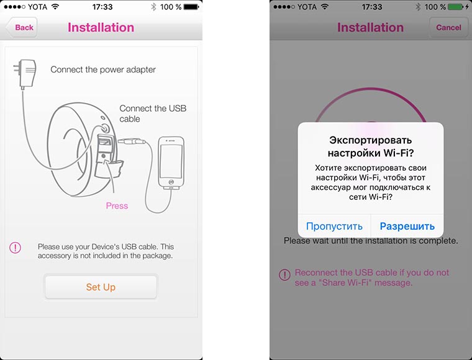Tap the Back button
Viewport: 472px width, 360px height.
pyautogui.click(x=22, y=27)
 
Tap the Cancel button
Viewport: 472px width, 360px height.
pyautogui.click(x=448, y=27)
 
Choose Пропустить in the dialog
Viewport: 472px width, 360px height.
pyautogui.click(x=334, y=226)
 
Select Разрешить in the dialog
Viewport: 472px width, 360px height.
pyautogui.click(x=407, y=226)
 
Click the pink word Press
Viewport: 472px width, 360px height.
pyautogui.click(x=117, y=205)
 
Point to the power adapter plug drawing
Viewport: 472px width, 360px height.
pyautogui.click(x=25, y=73)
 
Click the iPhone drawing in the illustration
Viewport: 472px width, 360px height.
pyautogui.click(x=171, y=163)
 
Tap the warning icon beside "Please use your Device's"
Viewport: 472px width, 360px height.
pyautogui.click(x=15, y=248)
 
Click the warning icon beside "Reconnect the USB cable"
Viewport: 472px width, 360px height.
pyautogui.click(x=284, y=274)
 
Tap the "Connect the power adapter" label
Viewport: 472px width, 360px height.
pyautogui.click(x=103, y=70)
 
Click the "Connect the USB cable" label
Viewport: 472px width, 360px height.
pyautogui.click(x=153, y=114)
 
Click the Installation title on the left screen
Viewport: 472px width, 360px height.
pyautogui.click(x=101, y=27)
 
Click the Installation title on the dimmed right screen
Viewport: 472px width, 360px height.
pyautogui.click(x=370, y=27)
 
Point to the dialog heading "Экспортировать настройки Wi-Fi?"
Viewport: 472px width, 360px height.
pyautogui.click(x=371, y=146)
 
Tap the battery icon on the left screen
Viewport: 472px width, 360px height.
pyautogui.click(x=191, y=7)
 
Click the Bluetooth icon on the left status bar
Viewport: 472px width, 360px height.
pyautogui.click(x=153, y=7)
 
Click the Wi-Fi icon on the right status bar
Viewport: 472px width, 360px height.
pyautogui.click(x=324, y=6)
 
